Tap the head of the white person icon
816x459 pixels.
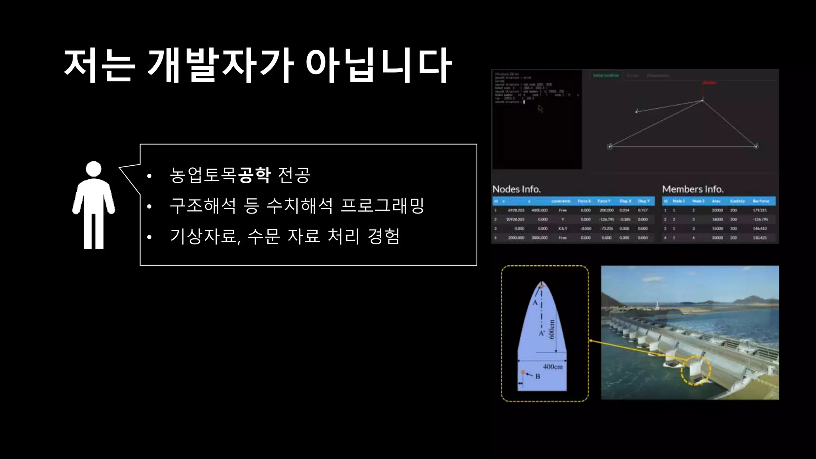94,169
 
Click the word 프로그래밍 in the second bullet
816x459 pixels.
382,206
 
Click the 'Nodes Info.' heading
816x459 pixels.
516,189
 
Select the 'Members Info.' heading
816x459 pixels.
692,189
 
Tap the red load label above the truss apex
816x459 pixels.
709,83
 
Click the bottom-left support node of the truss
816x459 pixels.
610,147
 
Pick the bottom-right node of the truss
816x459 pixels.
756,146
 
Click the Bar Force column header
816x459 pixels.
761,201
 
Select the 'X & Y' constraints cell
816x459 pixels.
562,229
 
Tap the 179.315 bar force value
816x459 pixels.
759,210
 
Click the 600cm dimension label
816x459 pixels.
552,329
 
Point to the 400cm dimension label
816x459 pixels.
553,367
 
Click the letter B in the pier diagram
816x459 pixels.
537,376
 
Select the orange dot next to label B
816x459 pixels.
523,372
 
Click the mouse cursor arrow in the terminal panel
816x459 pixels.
540,109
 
